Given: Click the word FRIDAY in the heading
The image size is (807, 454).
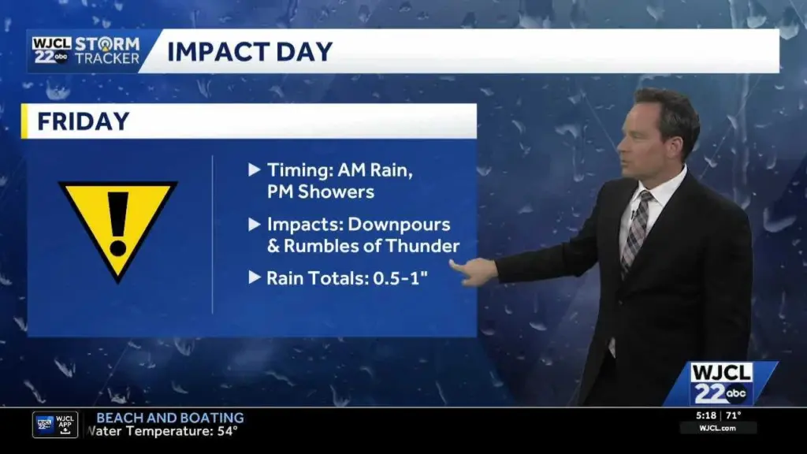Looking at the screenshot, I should [84, 121].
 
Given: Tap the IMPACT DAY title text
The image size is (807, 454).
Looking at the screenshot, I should [250, 51].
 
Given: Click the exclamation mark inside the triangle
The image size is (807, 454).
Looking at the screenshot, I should [118, 224].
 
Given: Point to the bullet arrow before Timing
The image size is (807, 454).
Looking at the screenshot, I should [254, 169].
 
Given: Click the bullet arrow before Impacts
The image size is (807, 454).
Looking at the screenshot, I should [254, 224].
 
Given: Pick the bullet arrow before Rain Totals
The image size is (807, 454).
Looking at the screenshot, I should [254, 277].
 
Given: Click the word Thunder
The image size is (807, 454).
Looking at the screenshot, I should [422, 246].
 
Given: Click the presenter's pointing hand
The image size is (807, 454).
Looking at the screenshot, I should [474, 270].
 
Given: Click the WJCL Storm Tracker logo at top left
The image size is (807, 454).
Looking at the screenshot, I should [86, 51].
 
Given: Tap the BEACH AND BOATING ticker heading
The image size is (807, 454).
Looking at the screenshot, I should [170, 418].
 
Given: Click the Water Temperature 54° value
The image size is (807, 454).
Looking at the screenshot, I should [228, 431].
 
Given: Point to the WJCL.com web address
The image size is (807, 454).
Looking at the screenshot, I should [718, 428].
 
